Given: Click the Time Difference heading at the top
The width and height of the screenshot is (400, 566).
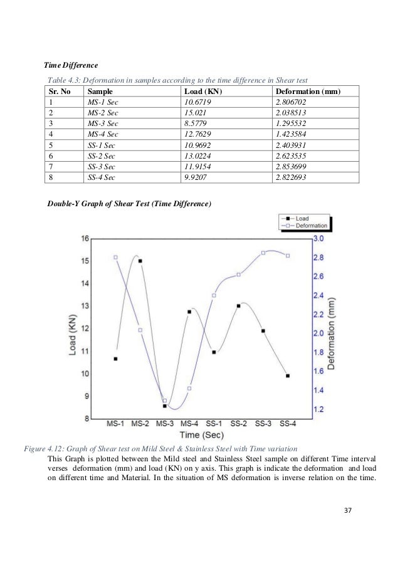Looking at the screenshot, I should coord(70,65).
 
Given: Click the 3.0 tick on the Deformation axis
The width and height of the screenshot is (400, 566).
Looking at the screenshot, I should coord(318,239).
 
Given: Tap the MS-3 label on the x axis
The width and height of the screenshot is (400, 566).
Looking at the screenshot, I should coord(165,423).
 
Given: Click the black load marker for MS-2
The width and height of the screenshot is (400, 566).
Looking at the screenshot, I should coord(140,261).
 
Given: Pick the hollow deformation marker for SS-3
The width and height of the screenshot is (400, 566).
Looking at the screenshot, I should coord(263,253).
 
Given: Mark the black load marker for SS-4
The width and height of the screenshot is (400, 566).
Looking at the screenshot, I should coord(288,375).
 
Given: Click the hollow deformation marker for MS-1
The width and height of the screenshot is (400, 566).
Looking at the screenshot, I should coord(116,257).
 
